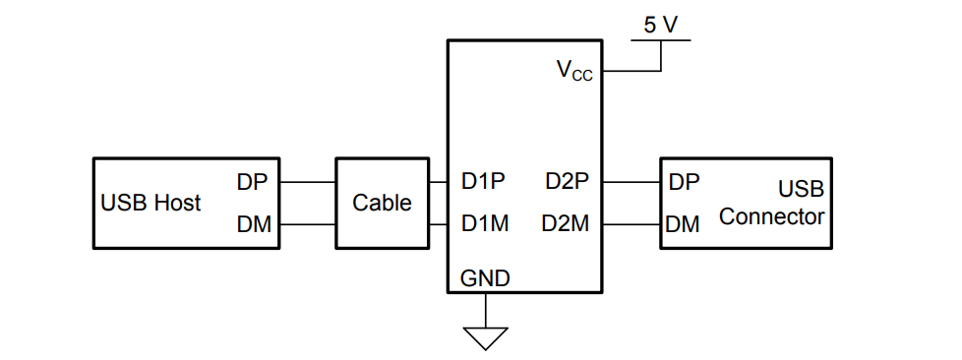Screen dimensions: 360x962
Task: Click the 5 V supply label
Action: pyautogui.click(x=660, y=24)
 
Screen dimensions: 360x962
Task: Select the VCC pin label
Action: pyautogui.click(x=574, y=70)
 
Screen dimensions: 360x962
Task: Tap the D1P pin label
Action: pyautogui.click(x=484, y=182)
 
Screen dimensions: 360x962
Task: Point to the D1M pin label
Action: pyautogui.click(x=485, y=224)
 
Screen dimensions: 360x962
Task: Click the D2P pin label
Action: pyautogui.click(x=567, y=182)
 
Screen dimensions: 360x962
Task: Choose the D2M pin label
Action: pyautogui.click(x=566, y=224)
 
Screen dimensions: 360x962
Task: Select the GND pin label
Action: pyautogui.click(x=485, y=278)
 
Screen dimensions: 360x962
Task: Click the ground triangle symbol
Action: pyautogui.click(x=485, y=337)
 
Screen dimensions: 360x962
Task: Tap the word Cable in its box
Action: pyautogui.click(x=382, y=203)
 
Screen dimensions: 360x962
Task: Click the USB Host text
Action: pyautogui.click(x=150, y=203)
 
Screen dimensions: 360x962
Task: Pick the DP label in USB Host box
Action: pyautogui.click(x=253, y=182)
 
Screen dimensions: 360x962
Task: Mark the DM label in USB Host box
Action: pyautogui.click(x=254, y=224)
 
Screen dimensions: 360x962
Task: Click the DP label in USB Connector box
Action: pyautogui.click(x=684, y=182)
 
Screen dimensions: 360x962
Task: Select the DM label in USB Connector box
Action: pyautogui.click(x=683, y=224)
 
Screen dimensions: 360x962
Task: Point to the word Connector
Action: pyautogui.click(x=771, y=216)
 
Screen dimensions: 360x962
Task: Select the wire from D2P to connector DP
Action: pyautogui.click(x=631, y=182)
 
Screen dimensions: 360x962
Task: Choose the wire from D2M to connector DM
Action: pyautogui.click(x=631, y=224)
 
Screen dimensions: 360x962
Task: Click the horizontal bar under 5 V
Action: pyautogui.click(x=661, y=40)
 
